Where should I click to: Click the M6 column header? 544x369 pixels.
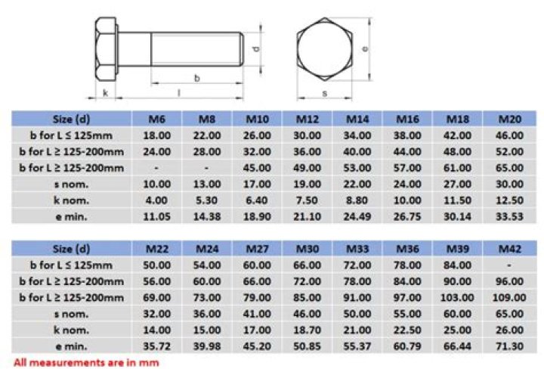[x=156, y=119]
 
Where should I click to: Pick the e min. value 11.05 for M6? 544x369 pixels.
[x=156, y=216]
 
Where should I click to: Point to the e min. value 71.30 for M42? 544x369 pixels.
[x=509, y=345]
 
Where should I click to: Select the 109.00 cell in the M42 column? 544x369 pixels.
[x=509, y=297]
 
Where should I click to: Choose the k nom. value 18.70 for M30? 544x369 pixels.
[x=308, y=329]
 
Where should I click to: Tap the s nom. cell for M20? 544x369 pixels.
[x=509, y=184]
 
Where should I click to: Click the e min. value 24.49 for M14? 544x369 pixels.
[x=358, y=216]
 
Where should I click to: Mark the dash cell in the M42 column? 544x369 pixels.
[x=509, y=265]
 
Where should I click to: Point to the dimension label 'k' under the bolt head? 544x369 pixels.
[x=105, y=94]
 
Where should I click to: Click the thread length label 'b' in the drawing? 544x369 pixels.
[x=196, y=78]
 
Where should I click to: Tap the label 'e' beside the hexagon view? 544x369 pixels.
[x=364, y=48]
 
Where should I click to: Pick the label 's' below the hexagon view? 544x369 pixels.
[x=323, y=94]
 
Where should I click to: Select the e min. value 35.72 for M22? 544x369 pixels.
[x=156, y=345]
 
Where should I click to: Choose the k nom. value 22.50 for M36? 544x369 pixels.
[x=409, y=329]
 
